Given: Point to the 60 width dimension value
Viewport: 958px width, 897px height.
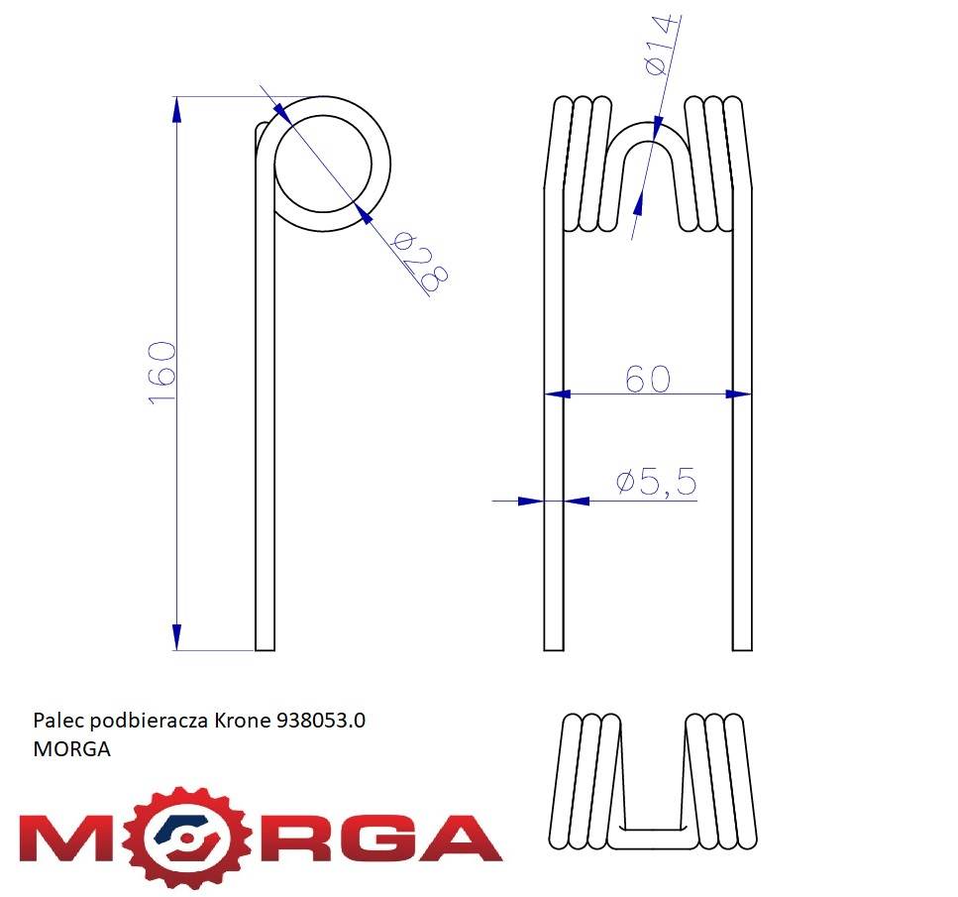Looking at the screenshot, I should tap(648, 379).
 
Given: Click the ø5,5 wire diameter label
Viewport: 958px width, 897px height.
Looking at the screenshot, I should tap(656, 483).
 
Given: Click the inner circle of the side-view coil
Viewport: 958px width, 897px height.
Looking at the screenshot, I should tap(324, 164).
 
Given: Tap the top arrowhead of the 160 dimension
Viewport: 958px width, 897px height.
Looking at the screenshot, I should tap(177, 109).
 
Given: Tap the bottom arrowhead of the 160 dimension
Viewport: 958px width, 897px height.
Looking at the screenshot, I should tap(177, 636).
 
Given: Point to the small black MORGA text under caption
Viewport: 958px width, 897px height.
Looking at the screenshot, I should tap(71, 749).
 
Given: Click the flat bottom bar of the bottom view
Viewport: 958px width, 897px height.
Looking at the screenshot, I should tap(649, 837).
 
